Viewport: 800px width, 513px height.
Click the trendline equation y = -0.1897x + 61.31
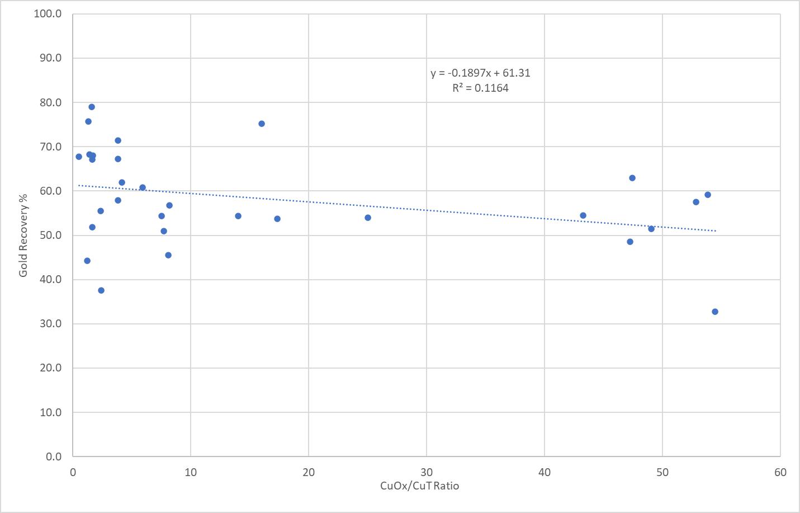[x=480, y=73]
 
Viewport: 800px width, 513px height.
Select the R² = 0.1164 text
[x=480, y=88]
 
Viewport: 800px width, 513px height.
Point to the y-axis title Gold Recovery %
[x=23, y=234]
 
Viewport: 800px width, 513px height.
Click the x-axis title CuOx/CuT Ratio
[x=419, y=486]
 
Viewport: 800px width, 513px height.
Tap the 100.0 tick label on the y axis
[x=48, y=13]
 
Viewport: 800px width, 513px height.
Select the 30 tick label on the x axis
[x=427, y=472]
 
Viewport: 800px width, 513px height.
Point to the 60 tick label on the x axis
[x=780, y=472]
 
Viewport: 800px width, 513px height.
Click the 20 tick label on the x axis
[x=309, y=472]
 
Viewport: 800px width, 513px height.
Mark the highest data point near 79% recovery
[x=92, y=107]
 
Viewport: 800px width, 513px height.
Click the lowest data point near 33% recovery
[x=715, y=312]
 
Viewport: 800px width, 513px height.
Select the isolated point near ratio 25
[x=368, y=218]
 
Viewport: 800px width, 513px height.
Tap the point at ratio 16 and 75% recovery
[x=262, y=124]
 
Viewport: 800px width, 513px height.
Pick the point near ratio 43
[x=583, y=215]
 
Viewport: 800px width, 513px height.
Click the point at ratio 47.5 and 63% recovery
[x=632, y=178]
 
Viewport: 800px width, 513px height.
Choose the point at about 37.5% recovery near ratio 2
[x=101, y=290]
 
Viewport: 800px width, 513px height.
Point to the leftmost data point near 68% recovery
[x=79, y=157]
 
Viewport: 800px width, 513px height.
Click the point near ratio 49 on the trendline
[x=651, y=229]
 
